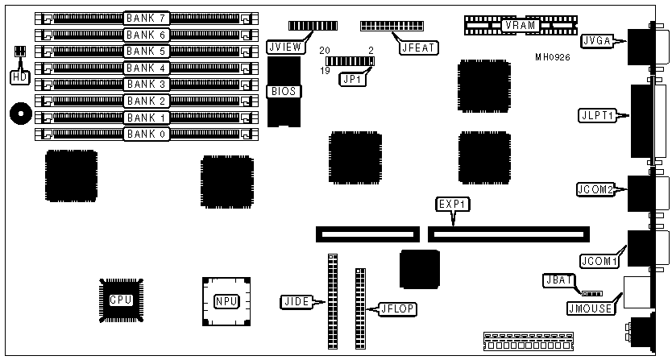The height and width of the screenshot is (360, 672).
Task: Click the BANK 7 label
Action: [146, 17]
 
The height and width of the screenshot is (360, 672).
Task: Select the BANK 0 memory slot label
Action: [146, 134]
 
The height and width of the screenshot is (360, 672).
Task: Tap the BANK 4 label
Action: [146, 68]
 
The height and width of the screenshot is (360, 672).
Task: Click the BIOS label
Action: [285, 91]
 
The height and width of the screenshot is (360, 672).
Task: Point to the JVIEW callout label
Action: [286, 48]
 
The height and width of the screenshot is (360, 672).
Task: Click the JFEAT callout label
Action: [419, 48]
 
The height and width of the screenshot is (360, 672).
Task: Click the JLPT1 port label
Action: [598, 115]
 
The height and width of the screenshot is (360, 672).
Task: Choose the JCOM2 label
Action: [597, 190]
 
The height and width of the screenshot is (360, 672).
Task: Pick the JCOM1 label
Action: [597, 261]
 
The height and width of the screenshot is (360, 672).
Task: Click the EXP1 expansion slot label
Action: [451, 204]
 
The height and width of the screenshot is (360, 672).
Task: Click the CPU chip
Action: [121, 300]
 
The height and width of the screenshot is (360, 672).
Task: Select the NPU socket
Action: [226, 302]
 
